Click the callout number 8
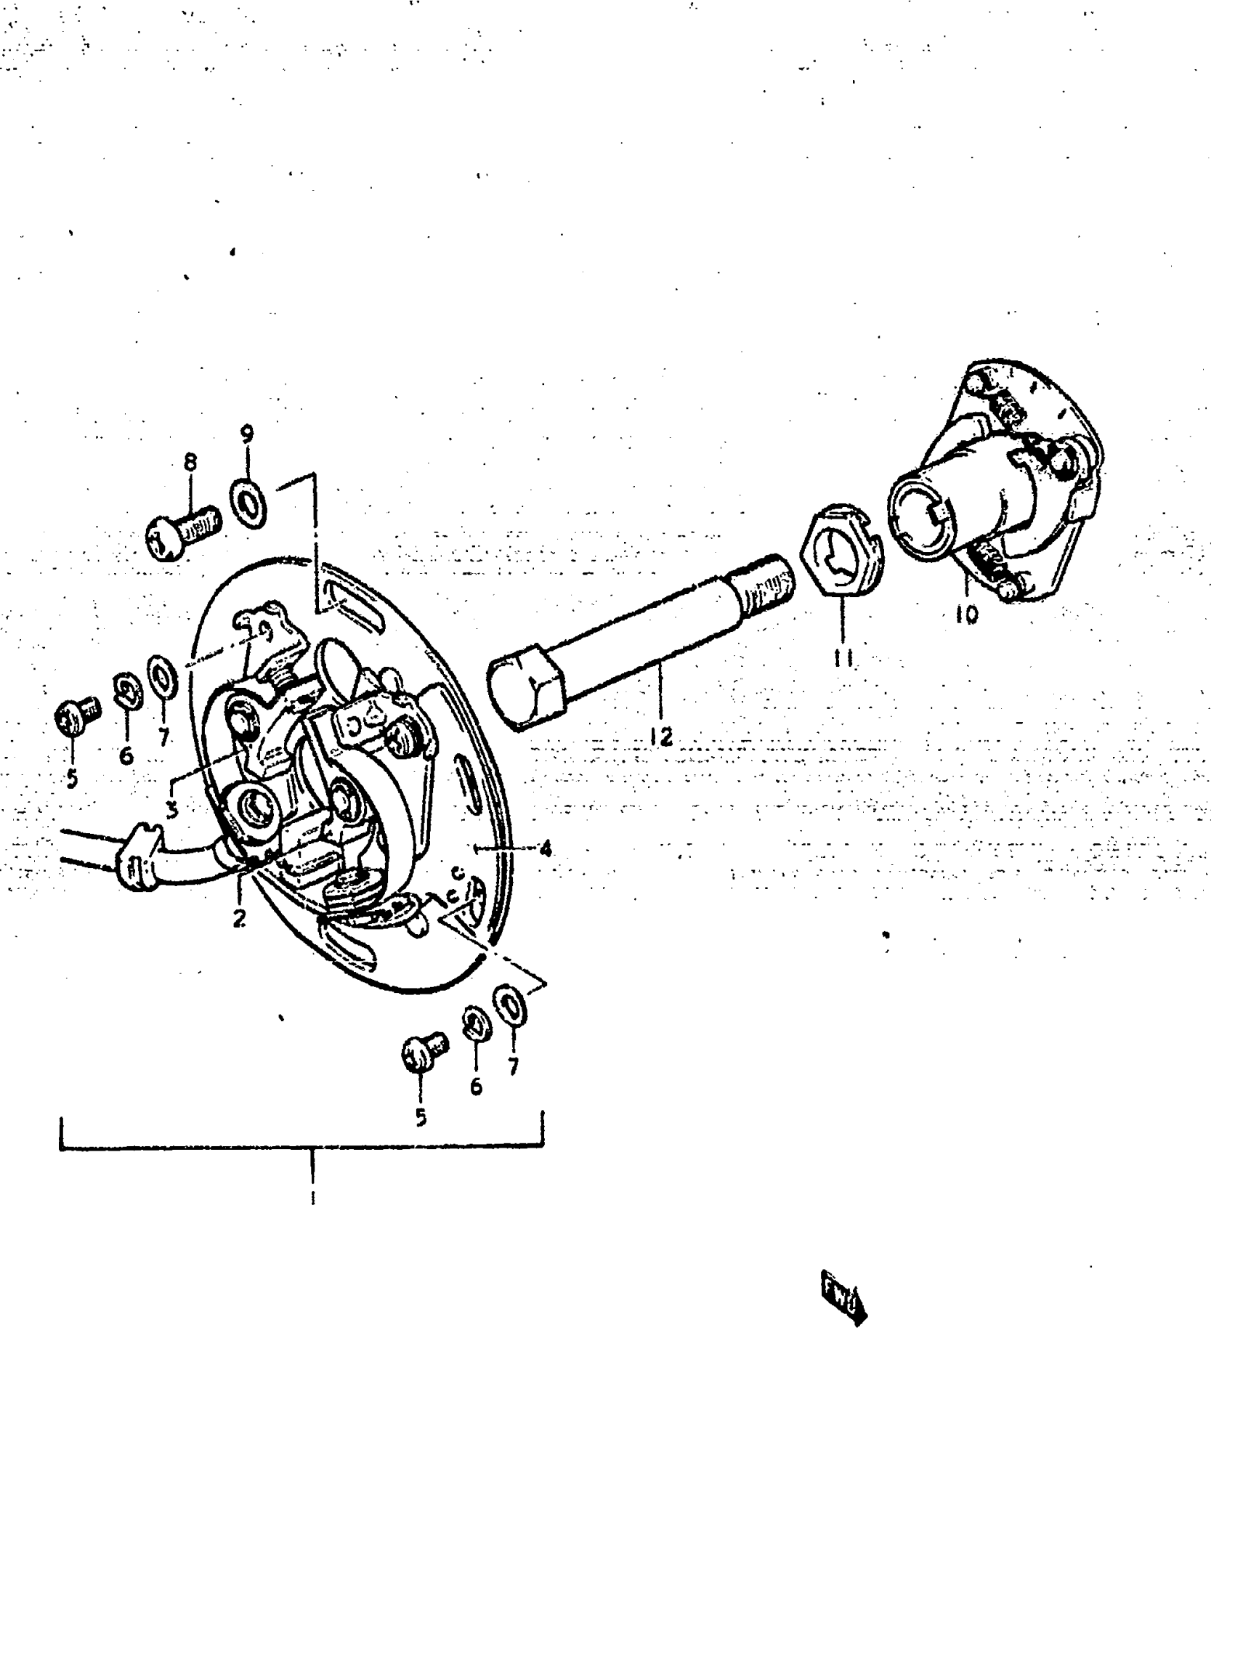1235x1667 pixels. pos(190,463)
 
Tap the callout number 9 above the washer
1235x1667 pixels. pos(247,434)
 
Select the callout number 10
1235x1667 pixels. pos(966,615)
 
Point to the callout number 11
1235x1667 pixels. pos(843,658)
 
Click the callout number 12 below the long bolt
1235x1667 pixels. pos(661,737)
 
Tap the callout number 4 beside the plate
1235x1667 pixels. pos(546,848)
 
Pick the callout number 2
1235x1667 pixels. pos(239,919)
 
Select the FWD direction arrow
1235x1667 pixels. pos(844,1297)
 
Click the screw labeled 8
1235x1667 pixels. pos(182,533)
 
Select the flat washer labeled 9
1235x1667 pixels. pos(248,505)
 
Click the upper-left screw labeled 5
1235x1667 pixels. pos(77,715)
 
